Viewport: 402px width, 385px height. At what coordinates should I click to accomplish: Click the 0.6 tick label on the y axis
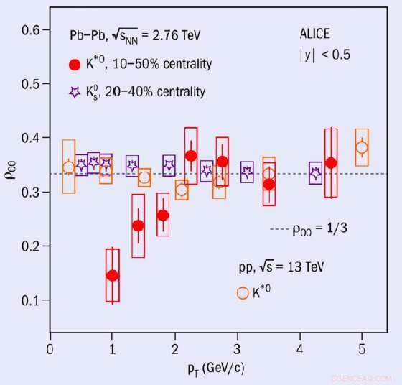tap(29, 29)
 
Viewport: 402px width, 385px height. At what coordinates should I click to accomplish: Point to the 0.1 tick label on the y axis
tap(29, 300)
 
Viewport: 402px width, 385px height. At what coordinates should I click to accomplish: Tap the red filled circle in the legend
tap(74, 65)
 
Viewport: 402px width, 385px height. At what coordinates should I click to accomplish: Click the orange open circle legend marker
tap(243, 292)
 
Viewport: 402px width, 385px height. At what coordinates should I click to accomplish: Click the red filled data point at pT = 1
tap(112, 275)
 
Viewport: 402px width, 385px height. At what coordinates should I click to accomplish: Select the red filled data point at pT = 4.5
tap(330, 163)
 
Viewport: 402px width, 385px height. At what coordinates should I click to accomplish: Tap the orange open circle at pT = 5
tap(362, 148)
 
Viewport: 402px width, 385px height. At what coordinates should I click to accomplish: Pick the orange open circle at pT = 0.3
tap(69, 168)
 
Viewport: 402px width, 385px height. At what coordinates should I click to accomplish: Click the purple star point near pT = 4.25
tap(315, 172)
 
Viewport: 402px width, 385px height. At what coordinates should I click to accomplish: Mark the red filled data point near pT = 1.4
tap(138, 226)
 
